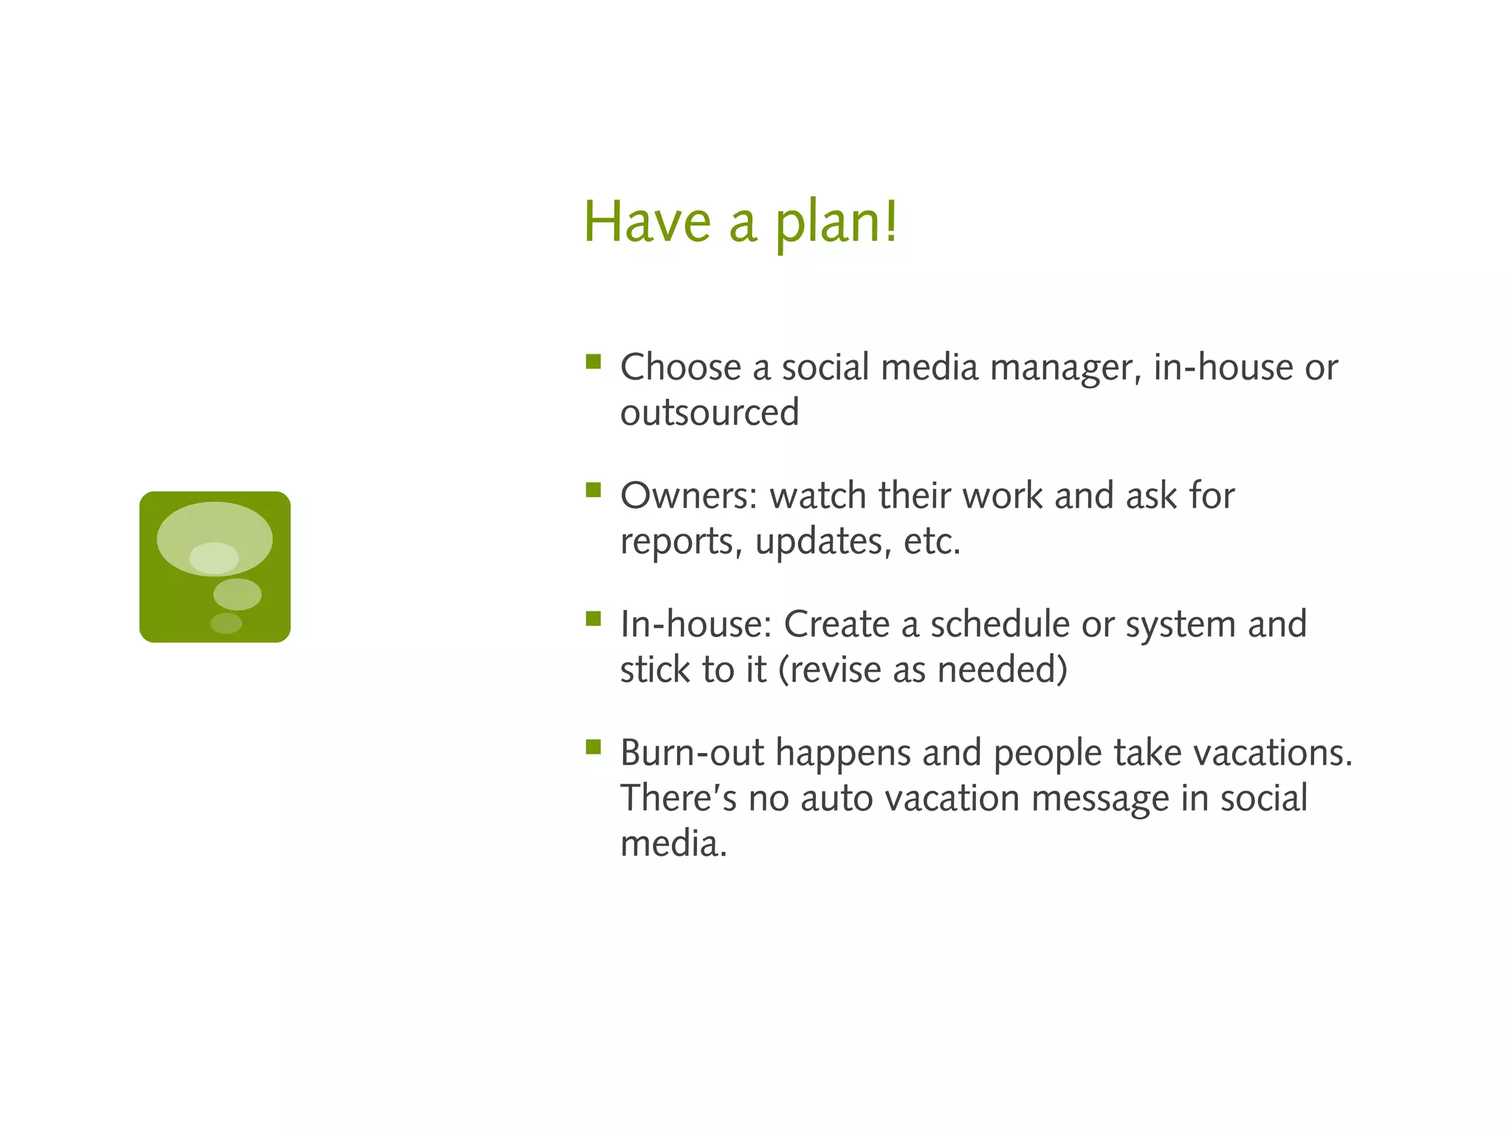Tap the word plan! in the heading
click(x=836, y=223)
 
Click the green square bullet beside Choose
click(x=593, y=362)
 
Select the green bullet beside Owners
click(x=593, y=490)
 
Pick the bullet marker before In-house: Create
click(x=593, y=619)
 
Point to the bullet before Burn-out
click(x=593, y=747)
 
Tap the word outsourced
click(x=709, y=413)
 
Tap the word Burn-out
click(x=692, y=753)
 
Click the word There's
click(x=678, y=799)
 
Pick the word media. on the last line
click(x=673, y=844)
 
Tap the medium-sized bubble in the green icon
click(x=237, y=594)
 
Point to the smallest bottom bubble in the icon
click(x=226, y=623)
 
